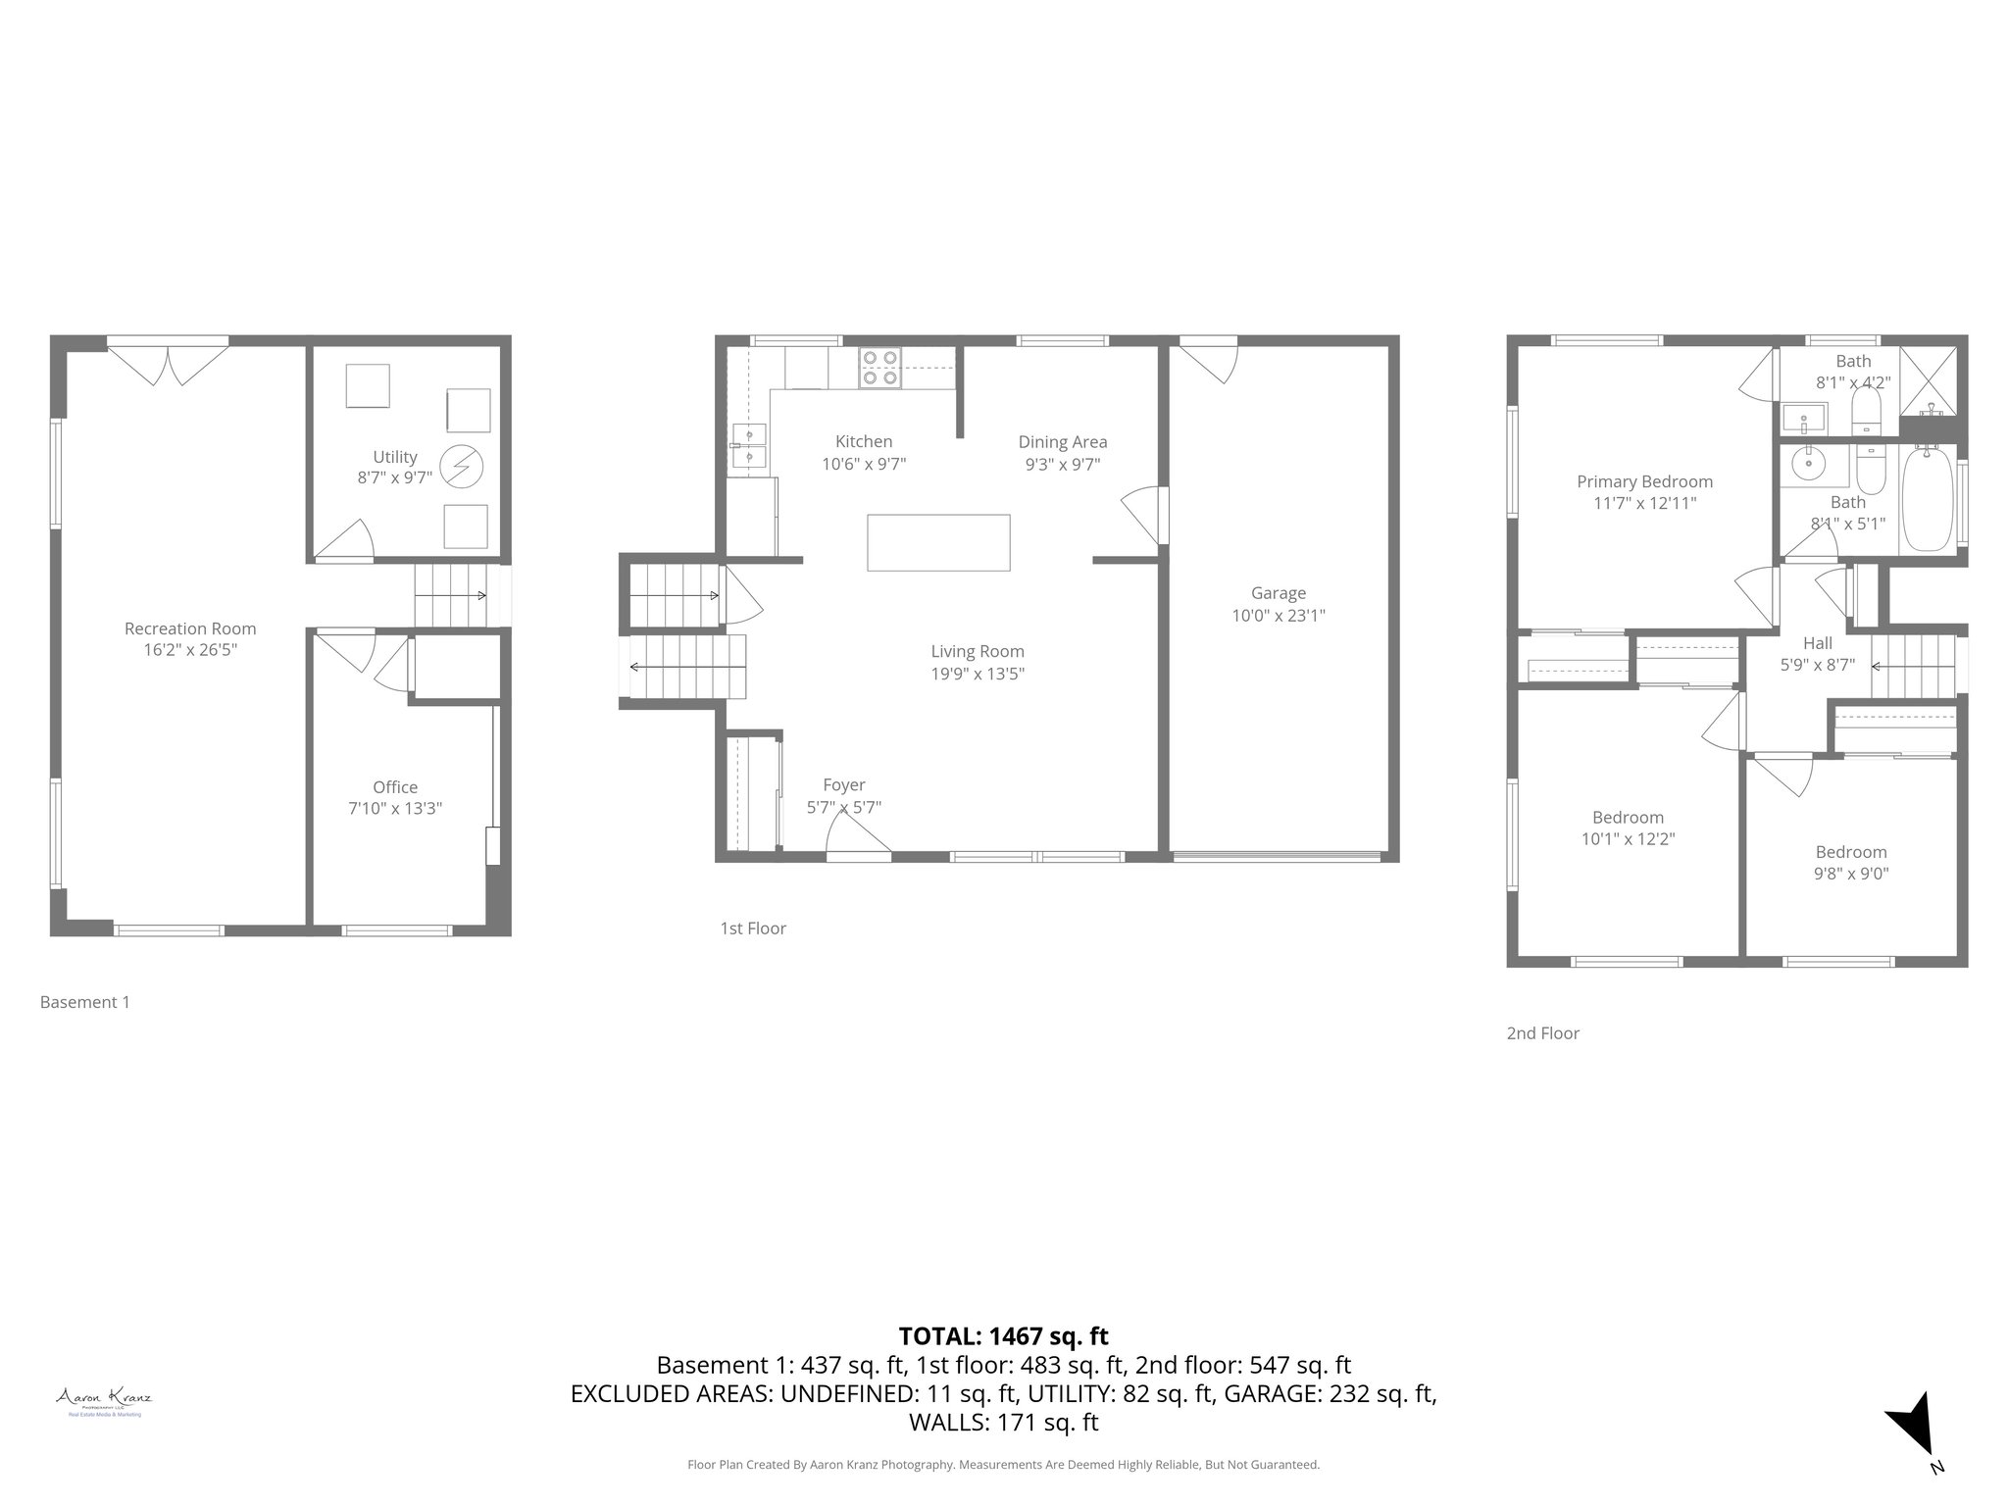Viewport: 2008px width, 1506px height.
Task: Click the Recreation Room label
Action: [x=190, y=628]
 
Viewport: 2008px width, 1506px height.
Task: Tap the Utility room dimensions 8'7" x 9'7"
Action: [x=394, y=478]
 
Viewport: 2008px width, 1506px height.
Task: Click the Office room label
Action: [x=394, y=786]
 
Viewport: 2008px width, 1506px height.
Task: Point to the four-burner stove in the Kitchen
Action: [x=879, y=368]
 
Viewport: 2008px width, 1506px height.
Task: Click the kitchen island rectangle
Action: [x=938, y=542]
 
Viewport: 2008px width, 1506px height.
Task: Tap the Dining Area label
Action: [x=1062, y=442]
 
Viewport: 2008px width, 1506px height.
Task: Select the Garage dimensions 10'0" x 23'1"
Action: [x=1278, y=616]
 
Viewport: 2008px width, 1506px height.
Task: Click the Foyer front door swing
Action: [x=858, y=837]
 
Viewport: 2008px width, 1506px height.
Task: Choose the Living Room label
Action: [x=977, y=651]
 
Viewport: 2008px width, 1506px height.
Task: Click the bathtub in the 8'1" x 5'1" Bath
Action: [x=1929, y=499]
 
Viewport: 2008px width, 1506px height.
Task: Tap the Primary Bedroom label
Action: [x=1644, y=481]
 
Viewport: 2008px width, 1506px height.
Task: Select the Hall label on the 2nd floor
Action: [x=1817, y=643]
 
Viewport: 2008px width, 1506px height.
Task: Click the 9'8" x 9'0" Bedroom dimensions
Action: [x=1850, y=874]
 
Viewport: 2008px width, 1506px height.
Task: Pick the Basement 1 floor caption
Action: [x=84, y=1002]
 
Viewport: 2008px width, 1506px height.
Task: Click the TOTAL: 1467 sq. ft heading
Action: [x=1003, y=1335]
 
